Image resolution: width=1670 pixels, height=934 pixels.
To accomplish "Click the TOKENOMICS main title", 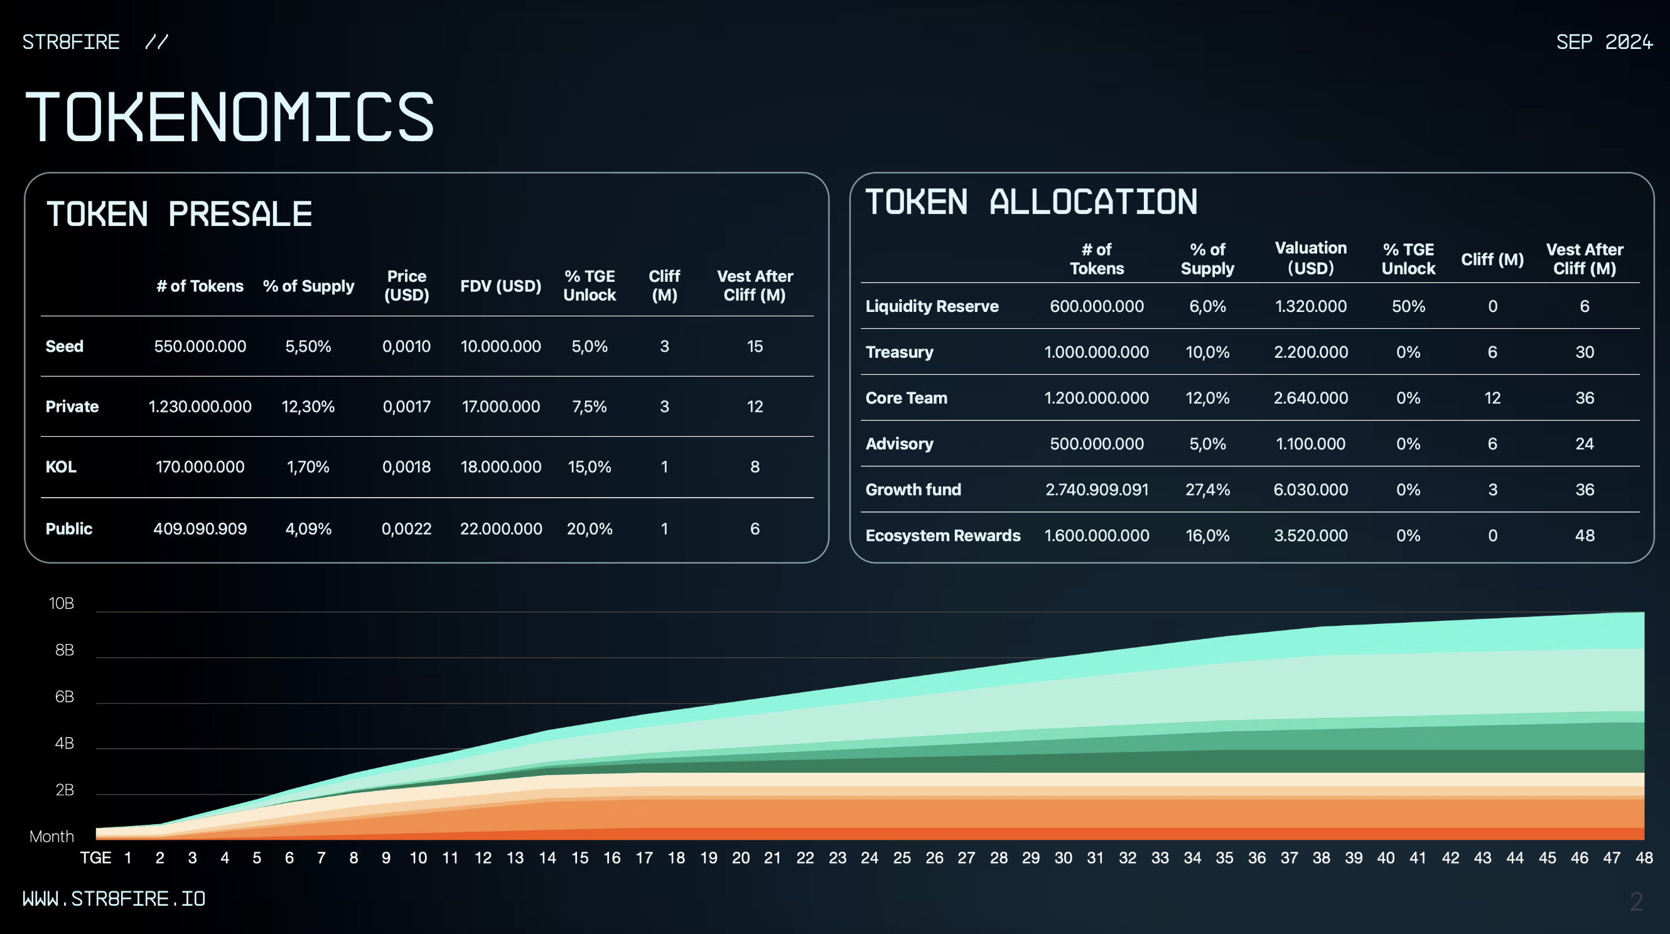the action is click(229, 117).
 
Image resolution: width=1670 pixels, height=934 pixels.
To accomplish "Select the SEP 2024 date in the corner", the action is click(1604, 42).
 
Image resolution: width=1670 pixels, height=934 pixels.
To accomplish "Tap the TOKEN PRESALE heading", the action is click(179, 215).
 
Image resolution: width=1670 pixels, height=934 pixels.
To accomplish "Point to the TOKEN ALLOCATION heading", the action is click(1031, 201).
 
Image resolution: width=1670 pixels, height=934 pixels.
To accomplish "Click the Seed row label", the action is click(64, 346).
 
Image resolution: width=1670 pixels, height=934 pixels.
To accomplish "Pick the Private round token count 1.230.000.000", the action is click(200, 406).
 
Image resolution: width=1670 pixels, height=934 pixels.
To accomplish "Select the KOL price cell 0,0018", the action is click(406, 466).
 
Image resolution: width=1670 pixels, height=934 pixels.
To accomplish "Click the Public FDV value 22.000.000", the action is click(501, 529).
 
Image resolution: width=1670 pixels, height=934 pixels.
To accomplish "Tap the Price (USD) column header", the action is click(406, 285).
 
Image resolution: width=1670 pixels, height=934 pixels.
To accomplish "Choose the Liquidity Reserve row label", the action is click(932, 306).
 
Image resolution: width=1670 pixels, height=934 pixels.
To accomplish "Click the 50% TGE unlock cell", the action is click(1408, 306).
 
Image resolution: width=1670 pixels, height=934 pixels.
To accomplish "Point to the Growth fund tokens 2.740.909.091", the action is click(1097, 490).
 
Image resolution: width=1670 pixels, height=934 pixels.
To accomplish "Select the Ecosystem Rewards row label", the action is click(942, 535).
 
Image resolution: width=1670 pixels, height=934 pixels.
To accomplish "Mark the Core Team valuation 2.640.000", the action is click(1311, 398).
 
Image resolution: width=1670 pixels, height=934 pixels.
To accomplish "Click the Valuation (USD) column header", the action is click(1311, 258).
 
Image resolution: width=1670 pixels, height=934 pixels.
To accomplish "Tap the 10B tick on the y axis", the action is click(62, 603).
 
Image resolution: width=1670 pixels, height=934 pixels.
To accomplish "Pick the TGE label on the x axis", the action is click(95, 858).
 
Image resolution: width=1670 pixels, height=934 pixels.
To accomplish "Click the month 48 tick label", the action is click(1644, 858).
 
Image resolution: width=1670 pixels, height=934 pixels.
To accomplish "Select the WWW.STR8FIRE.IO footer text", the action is click(114, 899).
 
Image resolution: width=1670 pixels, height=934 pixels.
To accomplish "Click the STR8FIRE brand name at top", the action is click(72, 42).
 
